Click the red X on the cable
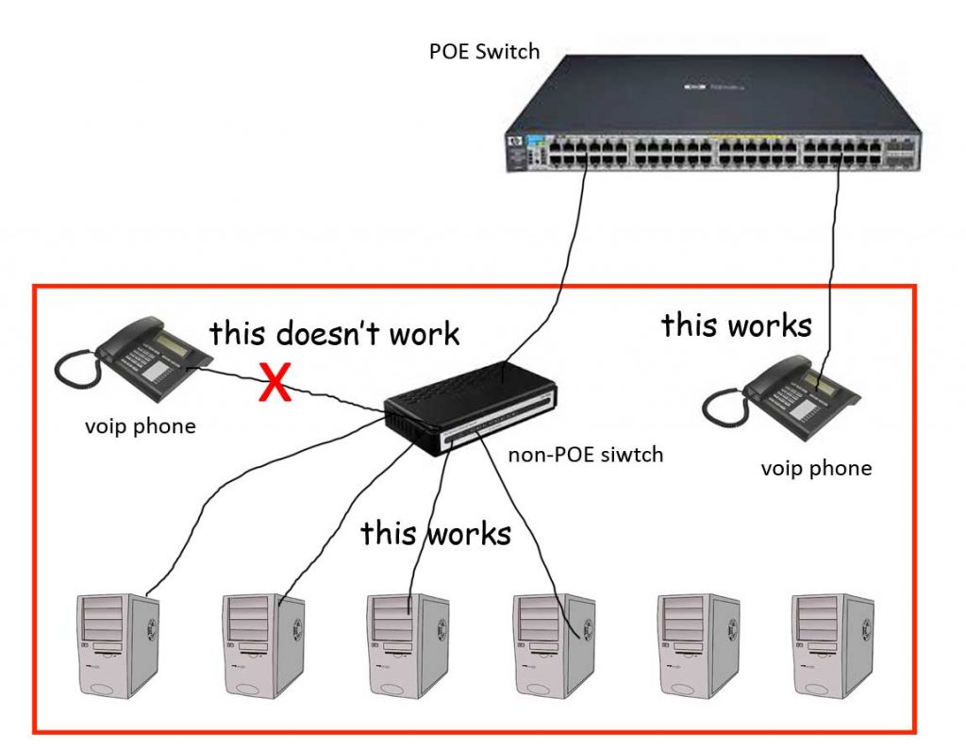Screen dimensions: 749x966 point(275,386)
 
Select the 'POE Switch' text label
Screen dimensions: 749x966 point(484,50)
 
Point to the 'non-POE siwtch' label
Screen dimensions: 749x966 point(586,455)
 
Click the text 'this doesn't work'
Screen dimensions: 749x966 point(334,333)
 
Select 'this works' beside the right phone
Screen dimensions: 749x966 point(736,325)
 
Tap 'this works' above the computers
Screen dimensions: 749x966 point(435,533)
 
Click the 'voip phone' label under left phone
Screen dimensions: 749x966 point(140,425)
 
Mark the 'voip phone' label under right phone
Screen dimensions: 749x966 point(816,468)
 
